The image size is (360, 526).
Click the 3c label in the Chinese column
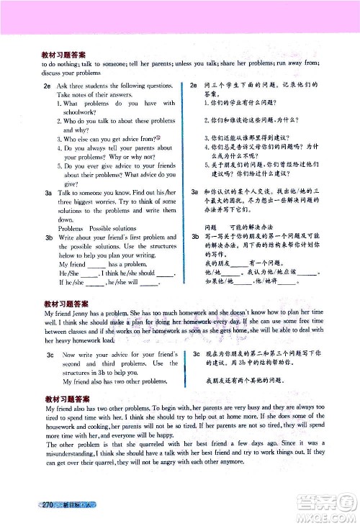click(197, 355)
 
